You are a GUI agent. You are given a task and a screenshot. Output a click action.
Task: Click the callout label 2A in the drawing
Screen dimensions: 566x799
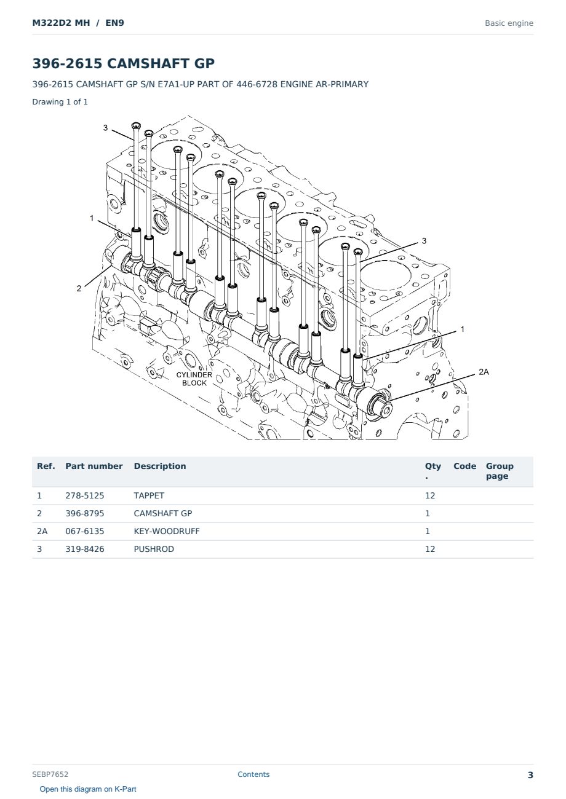[x=484, y=372]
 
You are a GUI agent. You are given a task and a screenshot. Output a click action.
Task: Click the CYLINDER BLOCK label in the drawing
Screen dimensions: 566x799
[x=194, y=379]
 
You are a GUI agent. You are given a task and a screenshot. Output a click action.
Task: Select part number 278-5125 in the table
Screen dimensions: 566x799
[x=85, y=496]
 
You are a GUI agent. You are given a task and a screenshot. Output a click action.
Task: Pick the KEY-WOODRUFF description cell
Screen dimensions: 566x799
[x=167, y=532]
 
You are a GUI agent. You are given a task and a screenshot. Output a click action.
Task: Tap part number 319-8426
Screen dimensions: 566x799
[x=85, y=549]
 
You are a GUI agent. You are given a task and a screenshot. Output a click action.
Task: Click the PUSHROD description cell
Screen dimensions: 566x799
[x=154, y=549]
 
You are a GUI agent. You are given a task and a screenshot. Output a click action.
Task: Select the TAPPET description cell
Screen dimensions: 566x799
[x=149, y=496]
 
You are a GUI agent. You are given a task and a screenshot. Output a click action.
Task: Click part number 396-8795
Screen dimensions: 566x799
[x=85, y=514]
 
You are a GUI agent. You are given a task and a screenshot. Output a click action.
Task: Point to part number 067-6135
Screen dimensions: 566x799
[x=85, y=532]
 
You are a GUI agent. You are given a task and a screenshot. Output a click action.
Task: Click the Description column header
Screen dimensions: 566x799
[x=160, y=466]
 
